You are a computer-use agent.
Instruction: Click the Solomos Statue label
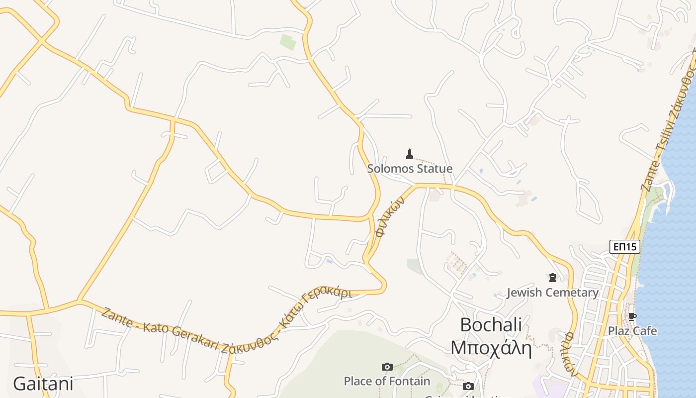(410, 169)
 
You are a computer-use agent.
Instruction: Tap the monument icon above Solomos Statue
(410, 154)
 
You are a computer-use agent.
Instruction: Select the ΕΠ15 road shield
(624, 247)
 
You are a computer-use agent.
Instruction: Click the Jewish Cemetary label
(552, 293)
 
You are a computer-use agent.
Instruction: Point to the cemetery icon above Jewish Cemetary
(552, 278)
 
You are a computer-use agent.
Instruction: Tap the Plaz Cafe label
(632, 331)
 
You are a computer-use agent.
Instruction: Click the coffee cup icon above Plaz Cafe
(632, 316)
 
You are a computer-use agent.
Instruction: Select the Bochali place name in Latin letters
(491, 325)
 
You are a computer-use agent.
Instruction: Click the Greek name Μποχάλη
(491, 348)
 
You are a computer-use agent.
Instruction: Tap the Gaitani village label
(43, 384)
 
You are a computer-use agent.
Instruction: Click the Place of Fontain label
(387, 381)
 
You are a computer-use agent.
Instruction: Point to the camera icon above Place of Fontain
(387, 367)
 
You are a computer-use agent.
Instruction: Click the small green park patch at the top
(287, 42)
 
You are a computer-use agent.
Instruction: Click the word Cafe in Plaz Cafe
(644, 331)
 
